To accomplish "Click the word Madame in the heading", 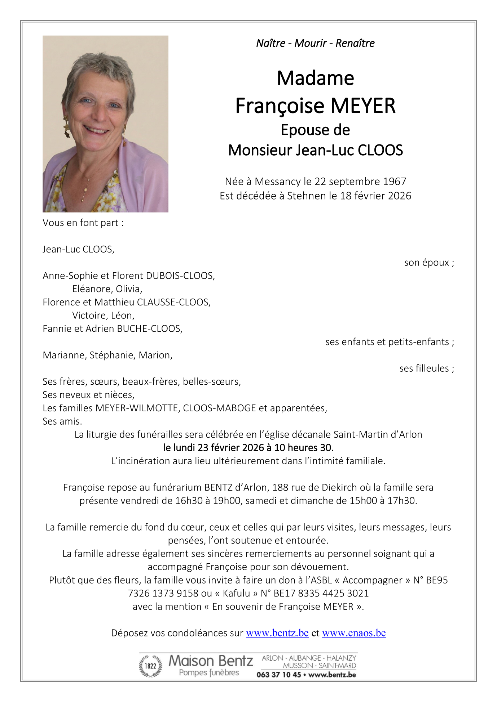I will click(x=315, y=78).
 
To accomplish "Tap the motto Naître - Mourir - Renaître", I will click(x=315, y=43).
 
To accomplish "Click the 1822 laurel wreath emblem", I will click(x=150, y=666).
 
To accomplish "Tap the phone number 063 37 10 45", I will click(x=278, y=675).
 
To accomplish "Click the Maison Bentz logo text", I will click(x=211, y=661).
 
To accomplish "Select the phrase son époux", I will click(x=426, y=263).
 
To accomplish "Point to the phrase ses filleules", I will click(x=424, y=368).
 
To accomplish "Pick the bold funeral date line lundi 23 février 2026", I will click(x=248, y=448).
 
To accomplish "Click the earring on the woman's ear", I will click(x=67, y=129).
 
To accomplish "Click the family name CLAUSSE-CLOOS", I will click(x=173, y=302).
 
